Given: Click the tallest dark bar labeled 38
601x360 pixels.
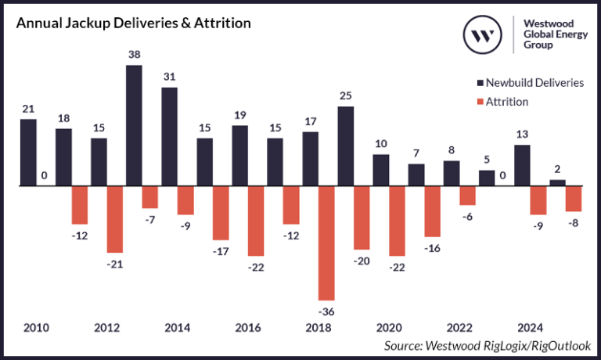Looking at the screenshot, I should click(134, 125).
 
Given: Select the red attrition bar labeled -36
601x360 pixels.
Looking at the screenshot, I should click(326, 243).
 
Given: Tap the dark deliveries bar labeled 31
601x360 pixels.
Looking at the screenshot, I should click(169, 137).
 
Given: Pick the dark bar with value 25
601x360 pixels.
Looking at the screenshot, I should click(345, 146).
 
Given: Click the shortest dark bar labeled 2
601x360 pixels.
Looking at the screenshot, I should click(557, 183).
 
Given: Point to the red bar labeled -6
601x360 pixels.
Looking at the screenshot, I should click(468, 196).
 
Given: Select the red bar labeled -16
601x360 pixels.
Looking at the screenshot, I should click(433, 211).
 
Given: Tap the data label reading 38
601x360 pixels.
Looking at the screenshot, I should click(134, 55).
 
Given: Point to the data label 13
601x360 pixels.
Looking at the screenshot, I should click(522, 135).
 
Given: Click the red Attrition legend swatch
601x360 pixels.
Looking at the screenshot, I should click(479, 102).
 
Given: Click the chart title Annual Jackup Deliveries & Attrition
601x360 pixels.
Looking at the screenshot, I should click(134, 23).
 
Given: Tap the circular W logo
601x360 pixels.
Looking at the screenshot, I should click(483, 34).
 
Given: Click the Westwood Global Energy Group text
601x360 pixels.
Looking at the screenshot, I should click(552, 34).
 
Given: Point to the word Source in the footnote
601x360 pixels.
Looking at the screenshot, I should click(405, 345).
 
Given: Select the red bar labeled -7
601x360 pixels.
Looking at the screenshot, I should click(150, 197).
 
